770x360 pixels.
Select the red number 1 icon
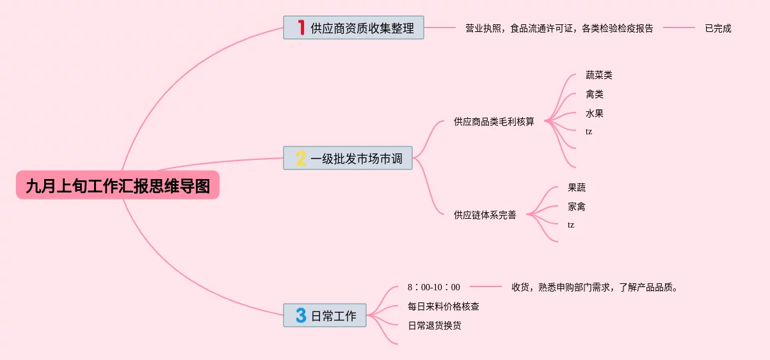301,27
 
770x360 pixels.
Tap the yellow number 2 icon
301,158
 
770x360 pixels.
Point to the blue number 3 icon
301,315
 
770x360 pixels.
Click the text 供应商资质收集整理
362,28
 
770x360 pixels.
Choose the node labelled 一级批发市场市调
357,159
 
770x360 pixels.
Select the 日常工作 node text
333,316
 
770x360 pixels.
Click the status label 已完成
718,28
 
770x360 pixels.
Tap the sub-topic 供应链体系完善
485,215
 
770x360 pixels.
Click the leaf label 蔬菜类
598,75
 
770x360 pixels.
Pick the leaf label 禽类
594,94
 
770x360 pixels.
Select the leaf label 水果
594,113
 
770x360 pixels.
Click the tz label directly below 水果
589,132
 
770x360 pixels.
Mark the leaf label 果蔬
576,187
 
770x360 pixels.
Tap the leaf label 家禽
576,207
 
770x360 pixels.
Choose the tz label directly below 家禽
571,225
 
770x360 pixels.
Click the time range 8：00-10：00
433,287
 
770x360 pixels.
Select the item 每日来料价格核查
443,306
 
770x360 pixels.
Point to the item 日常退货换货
434,325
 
